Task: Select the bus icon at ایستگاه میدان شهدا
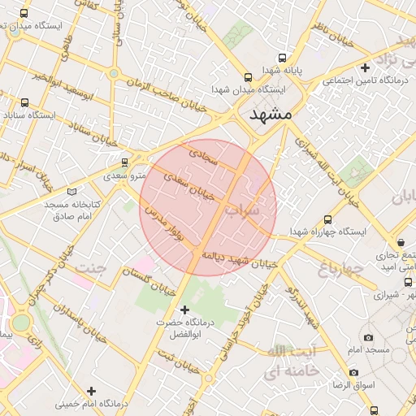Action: [x=248, y=78]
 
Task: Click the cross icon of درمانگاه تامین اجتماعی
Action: [x=366, y=68]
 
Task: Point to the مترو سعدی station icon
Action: [x=124, y=162]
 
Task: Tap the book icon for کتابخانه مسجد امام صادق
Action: [x=72, y=192]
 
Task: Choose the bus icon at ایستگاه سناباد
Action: [x=25, y=103]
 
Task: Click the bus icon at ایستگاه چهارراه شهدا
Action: [x=328, y=219]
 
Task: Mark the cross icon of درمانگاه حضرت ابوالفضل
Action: [x=184, y=310]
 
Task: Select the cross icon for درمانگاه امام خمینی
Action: [x=91, y=391]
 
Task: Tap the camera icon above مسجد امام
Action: [x=368, y=337]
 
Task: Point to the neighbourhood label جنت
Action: [x=91, y=267]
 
